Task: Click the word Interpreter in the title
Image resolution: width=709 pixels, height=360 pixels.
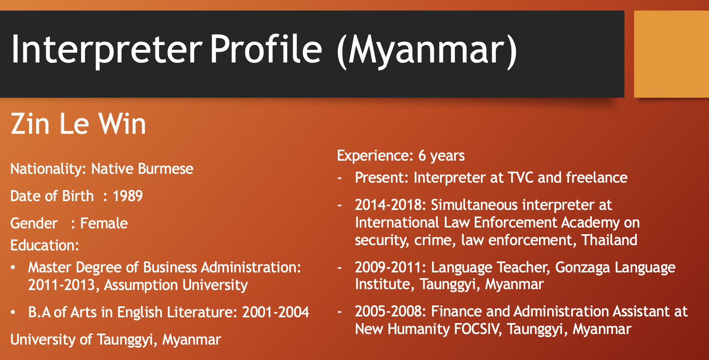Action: pyautogui.click(x=107, y=50)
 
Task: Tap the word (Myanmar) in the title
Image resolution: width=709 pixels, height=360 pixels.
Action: pyautogui.click(x=427, y=51)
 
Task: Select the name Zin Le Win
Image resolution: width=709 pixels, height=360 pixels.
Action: pyautogui.click(x=78, y=124)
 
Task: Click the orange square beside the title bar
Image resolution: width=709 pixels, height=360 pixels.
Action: pyautogui.click(x=671, y=54)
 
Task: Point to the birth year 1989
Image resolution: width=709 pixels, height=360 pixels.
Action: pyautogui.click(x=128, y=196)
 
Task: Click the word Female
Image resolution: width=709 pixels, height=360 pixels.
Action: pyautogui.click(x=104, y=223)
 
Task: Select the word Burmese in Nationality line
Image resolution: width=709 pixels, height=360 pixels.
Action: pyautogui.click(x=166, y=169)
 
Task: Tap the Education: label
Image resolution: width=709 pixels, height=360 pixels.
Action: pyautogui.click(x=44, y=245)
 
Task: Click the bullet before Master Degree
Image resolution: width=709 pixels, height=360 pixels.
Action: pyautogui.click(x=13, y=268)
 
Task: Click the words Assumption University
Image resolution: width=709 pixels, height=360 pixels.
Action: pyautogui.click(x=176, y=285)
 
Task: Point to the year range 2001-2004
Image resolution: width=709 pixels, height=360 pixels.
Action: pyautogui.click(x=275, y=312)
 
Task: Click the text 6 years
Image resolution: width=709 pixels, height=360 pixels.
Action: pyautogui.click(x=441, y=156)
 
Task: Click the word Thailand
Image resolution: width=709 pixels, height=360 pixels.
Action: pyautogui.click(x=609, y=240)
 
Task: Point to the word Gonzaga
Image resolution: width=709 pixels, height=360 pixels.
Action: pyautogui.click(x=582, y=268)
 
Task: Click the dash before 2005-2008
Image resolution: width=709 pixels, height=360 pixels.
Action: pyautogui.click(x=340, y=312)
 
